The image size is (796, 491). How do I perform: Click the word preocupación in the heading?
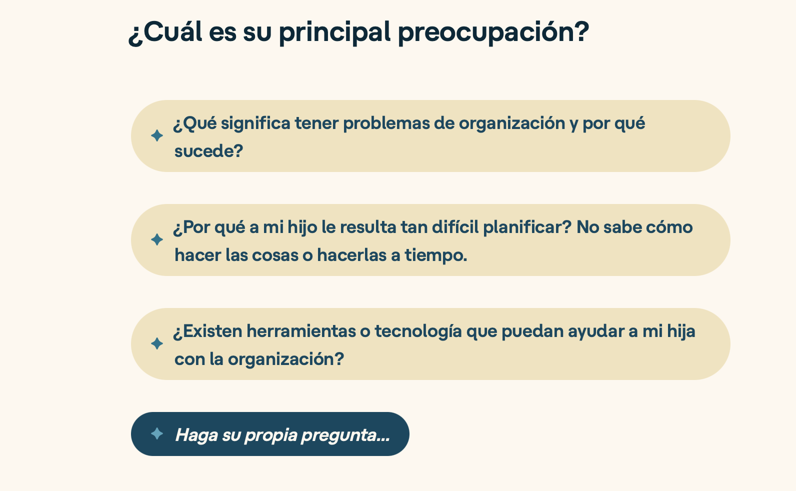tap(493, 32)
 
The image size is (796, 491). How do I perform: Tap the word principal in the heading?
tap(334, 32)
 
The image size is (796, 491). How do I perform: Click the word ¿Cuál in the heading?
tap(165, 32)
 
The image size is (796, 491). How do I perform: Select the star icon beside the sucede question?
tap(156, 135)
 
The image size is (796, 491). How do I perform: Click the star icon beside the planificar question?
tap(156, 239)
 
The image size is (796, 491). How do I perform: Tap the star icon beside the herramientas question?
tap(156, 343)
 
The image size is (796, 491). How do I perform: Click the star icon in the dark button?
tap(156, 433)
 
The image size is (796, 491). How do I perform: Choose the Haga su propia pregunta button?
tap(270, 434)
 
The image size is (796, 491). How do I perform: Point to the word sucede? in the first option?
tap(208, 151)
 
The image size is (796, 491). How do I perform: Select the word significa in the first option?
tap(255, 123)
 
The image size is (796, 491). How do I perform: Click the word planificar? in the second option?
tap(527, 227)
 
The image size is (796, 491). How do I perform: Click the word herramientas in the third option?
tap(301, 331)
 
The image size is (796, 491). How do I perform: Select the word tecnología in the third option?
tap(418, 331)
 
